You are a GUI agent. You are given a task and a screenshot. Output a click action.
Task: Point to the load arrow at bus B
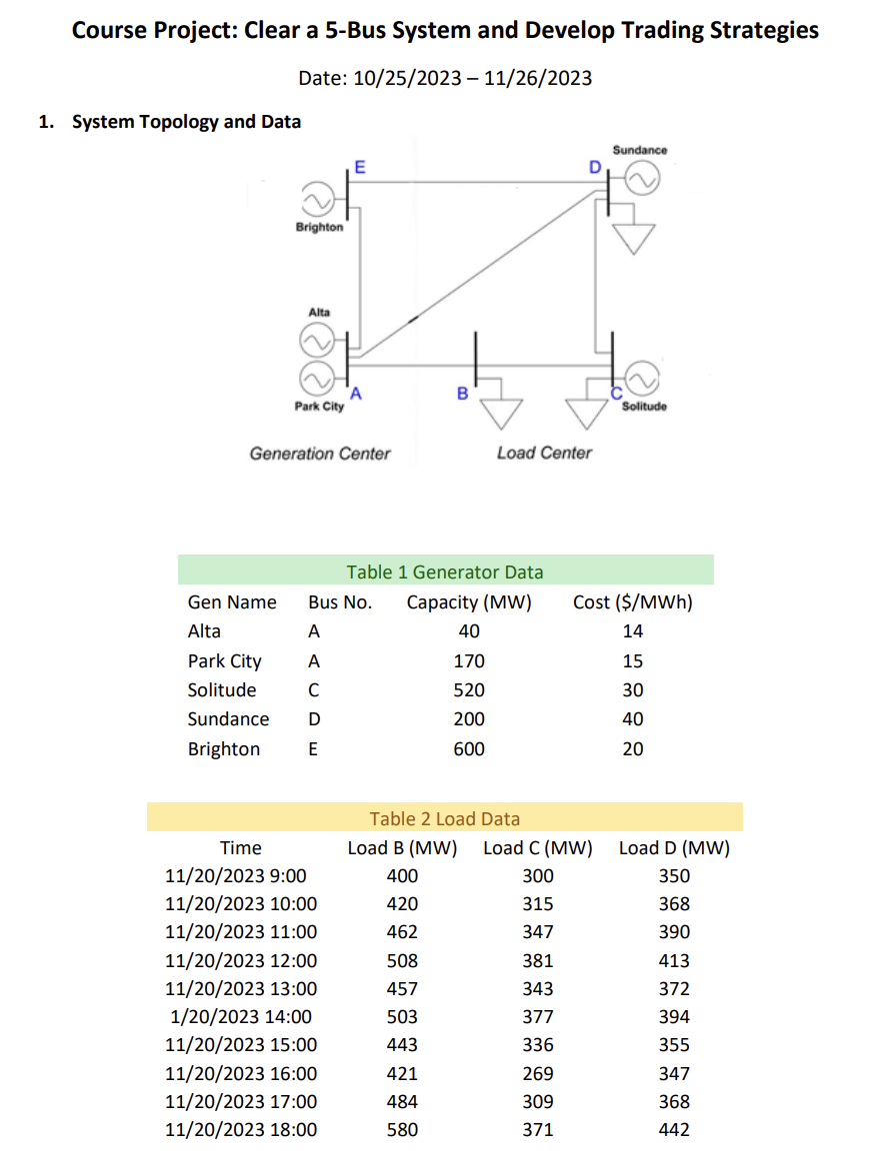coord(500,409)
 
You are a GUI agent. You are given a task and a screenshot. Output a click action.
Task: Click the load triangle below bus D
coord(635,238)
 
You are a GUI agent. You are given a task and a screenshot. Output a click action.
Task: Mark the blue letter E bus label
coord(359,166)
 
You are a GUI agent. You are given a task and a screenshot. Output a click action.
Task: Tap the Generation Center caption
coord(320,454)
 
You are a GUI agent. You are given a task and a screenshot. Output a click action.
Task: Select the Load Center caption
coord(544,453)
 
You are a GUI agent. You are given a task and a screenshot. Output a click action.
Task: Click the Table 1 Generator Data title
coord(445,572)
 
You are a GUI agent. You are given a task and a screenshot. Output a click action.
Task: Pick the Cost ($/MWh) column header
coord(632,602)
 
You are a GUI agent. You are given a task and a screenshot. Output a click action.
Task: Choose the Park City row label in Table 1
coord(224,661)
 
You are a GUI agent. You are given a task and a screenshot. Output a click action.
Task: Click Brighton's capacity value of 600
coord(469,748)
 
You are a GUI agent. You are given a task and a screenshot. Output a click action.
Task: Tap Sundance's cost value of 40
coord(633,719)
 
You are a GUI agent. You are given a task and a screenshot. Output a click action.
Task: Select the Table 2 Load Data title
coord(445,818)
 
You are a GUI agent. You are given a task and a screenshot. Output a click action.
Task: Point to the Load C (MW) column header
coord(537,848)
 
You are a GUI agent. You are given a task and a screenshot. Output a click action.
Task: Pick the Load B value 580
coord(402,1130)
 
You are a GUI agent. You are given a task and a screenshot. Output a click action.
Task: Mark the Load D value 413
coord(674,960)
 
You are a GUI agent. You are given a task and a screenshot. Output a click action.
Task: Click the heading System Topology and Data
coord(186,122)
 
